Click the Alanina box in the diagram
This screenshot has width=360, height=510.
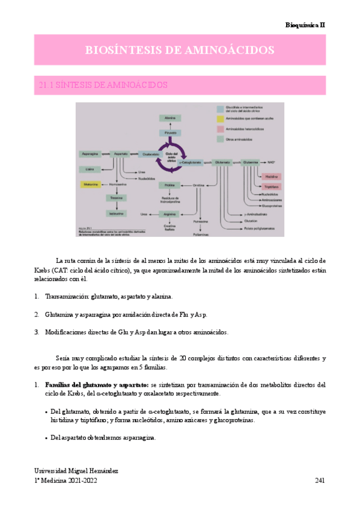pyautogui.click(x=170, y=118)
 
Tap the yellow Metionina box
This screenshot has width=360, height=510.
pyautogui.click(x=90, y=184)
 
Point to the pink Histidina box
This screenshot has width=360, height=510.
pyautogui.click(x=269, y=176)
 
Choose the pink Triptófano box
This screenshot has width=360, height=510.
pyautogui.click(x=269, y=186)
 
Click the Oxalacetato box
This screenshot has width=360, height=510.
pyautogui.click(x=148, y=154)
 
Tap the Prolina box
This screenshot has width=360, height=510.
pyautogui.click(x=170, y=185)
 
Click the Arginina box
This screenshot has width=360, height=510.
pyautogui.click(x=170, y=214)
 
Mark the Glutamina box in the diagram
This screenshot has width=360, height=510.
pyautogui.click(x=251, y=162)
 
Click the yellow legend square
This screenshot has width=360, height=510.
pyautogui.click(x=221, y=120)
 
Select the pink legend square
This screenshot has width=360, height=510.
pyautogui.click(x=221, y=129)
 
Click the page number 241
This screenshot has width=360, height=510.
pyautogui.click(x=320, y=481)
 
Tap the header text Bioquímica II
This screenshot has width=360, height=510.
pyautogui.click(x=305, y=25)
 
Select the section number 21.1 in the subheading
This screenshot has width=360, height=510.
pyautogui.click(x=46, y=85)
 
